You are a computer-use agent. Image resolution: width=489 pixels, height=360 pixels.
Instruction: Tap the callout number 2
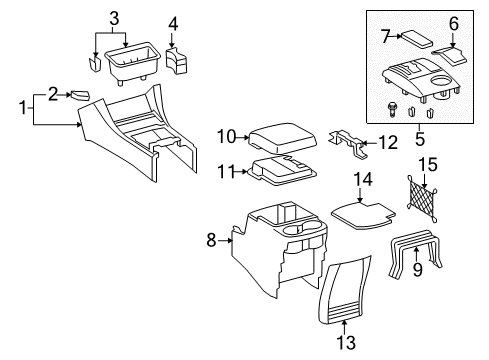[x=51, y=95]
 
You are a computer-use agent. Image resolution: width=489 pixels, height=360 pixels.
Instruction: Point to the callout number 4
[x=173, y=23]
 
